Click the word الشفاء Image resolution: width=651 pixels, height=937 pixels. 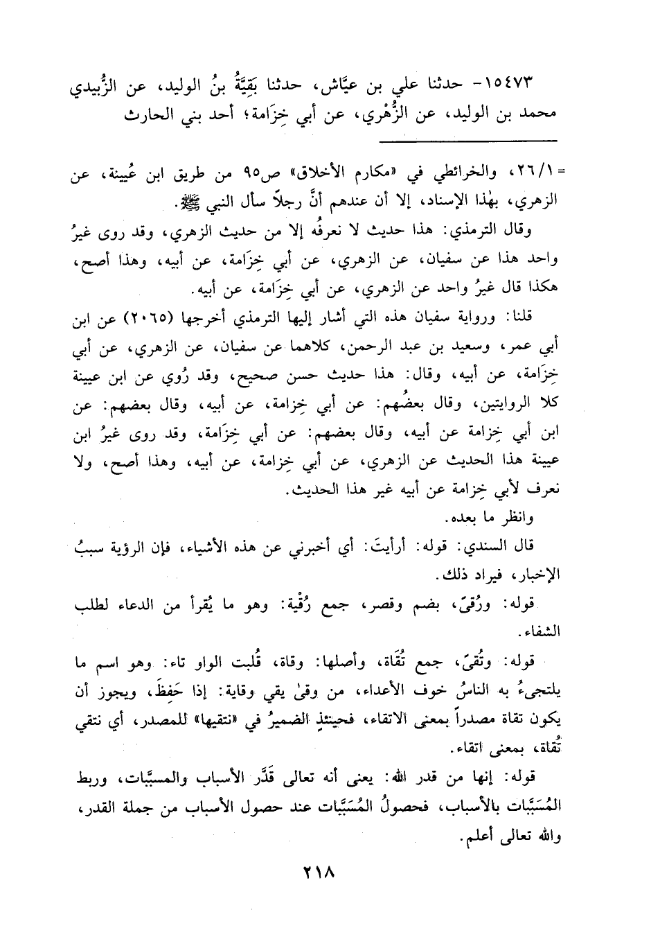click(x=543, y=632)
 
